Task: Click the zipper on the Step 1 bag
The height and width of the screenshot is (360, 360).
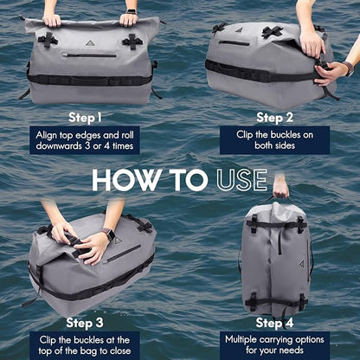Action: pyautogui.click(x=90, y=55)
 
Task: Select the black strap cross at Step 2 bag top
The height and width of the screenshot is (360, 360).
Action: pyautogui.click(x=271, y=32)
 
